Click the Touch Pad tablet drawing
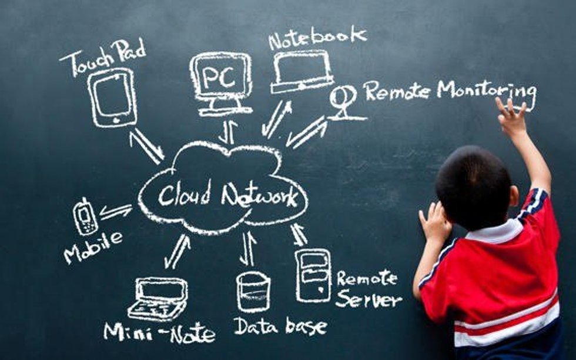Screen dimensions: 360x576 (112, 97)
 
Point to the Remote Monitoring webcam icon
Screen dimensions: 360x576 (344, 101)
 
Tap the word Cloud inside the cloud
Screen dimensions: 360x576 (183, 195)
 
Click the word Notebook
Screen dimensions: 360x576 (317, 38)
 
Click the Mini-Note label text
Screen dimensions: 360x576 (159, 333)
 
